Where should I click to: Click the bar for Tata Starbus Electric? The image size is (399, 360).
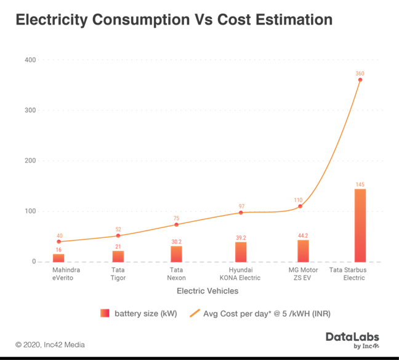(360, 225)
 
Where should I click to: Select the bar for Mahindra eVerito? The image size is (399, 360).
(58, 257)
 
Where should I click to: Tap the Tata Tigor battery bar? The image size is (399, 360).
(118, 255)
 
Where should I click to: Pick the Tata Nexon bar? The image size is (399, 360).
(177, 253)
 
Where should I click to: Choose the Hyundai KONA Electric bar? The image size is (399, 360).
(240, 251)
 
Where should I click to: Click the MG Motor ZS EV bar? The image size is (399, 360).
(302, 250)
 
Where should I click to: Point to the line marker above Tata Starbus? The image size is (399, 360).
(360, 80)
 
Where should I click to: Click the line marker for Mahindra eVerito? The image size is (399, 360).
(58, 242)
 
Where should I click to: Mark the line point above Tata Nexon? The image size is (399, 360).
(177, 224)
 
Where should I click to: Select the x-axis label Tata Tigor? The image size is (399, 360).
(118, 274)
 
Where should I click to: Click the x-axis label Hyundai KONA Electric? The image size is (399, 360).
(240, 274)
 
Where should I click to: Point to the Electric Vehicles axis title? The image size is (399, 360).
(208, 291)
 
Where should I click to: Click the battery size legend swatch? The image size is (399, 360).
(103, 314)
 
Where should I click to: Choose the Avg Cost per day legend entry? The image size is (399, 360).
(265, 314)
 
